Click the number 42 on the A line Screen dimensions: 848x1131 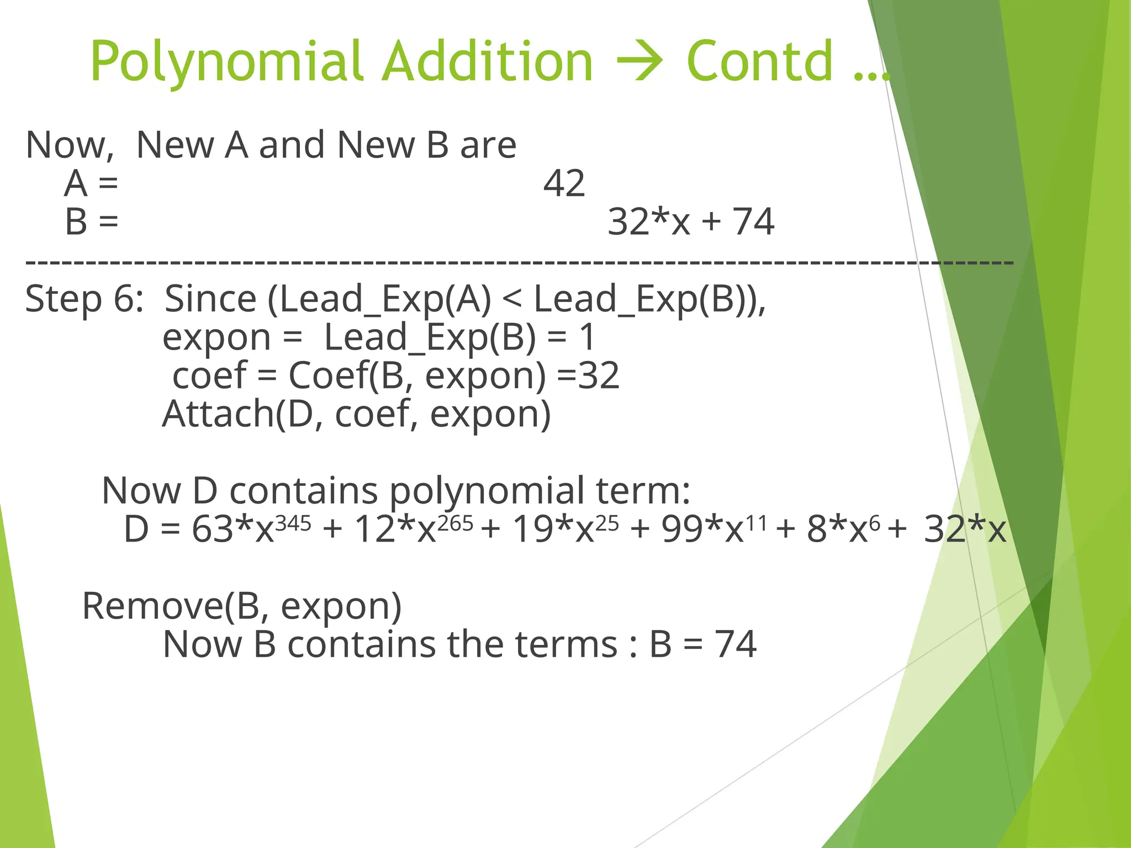tap(564, 184)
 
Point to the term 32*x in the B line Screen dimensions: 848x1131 tap(649, 222)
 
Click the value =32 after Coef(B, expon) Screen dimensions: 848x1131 tap(589, 375)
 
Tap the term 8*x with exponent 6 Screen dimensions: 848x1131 tap(843, 528)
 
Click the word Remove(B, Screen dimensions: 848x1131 tap(171, 606)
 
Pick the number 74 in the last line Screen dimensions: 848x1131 tap(735, 644)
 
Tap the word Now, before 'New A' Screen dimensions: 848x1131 tap(70, 145)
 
